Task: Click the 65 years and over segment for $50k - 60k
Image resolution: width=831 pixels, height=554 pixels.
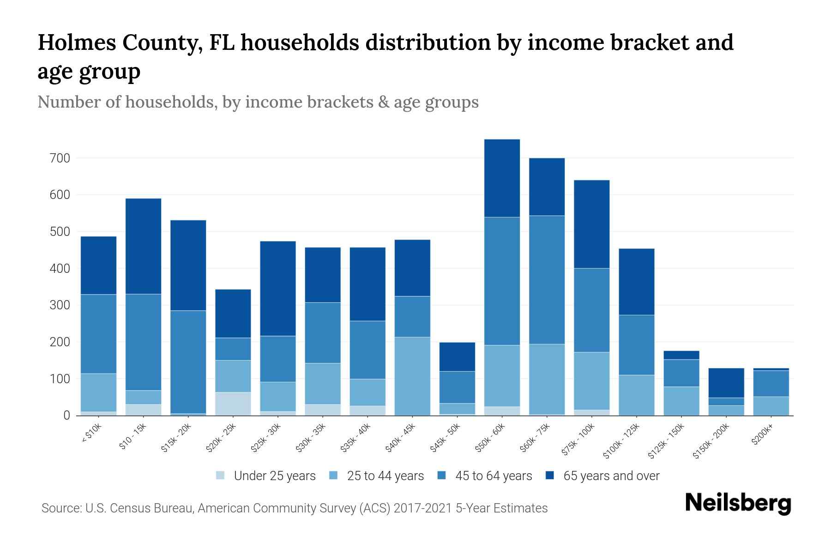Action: click(x=502, y=178)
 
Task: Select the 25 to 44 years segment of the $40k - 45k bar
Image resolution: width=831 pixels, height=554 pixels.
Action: click(x=413, y=376)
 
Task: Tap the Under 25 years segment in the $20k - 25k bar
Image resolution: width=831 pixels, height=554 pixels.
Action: click(x=233, y=403)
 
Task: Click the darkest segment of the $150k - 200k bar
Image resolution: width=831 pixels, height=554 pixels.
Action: click(x=726, y=383)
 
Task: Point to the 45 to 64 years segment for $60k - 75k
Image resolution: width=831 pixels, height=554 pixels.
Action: click(x=547, y=280)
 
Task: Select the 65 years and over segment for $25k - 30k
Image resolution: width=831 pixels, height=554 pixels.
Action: click(x=278, y=289)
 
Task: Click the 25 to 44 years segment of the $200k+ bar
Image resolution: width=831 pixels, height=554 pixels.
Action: click(x=771, y=406)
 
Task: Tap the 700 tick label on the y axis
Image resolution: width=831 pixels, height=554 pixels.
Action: click(x=60, y=158)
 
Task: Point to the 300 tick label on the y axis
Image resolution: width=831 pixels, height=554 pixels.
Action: click(x=60, y=305)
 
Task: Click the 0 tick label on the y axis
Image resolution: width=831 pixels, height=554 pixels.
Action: click(x=67, y=415)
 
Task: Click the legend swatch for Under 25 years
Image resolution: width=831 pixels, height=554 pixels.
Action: click(x=221, y=475)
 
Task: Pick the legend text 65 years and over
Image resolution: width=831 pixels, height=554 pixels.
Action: click(x=611, y=476)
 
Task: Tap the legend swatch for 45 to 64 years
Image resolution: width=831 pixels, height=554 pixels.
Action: click(x=442, y=475)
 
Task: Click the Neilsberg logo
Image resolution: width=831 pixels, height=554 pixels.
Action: click(x=738, y=503)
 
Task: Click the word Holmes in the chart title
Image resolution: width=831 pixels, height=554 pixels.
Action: click(x=72, y=42)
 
